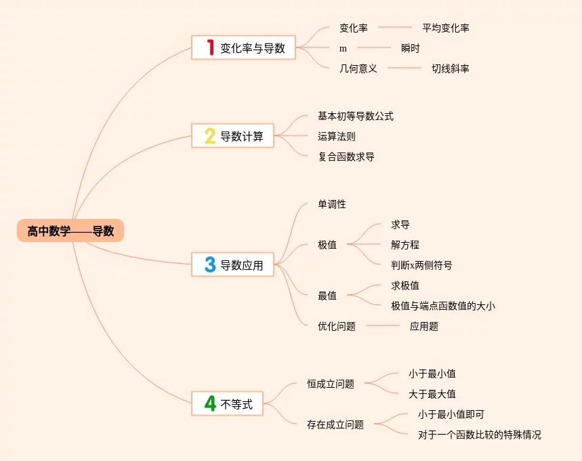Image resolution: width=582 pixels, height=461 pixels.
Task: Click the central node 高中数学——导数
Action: pos(70,231)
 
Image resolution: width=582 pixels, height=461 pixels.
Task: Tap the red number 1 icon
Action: pos(210,47)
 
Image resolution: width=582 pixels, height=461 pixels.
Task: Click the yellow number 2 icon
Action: pos(210,136)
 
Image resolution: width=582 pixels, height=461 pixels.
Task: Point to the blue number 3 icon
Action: pos(210,264)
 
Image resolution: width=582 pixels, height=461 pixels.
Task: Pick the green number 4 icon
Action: pos(210,404)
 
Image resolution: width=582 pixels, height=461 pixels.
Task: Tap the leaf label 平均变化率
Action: pos(445,28)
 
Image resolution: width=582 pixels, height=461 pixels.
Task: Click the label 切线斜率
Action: pos(451,68)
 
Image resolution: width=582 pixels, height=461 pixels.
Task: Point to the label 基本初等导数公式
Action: pos(355,116)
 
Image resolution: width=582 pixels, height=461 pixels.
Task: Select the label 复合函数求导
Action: pos(346,157)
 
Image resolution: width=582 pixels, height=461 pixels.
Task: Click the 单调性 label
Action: pos(331,204)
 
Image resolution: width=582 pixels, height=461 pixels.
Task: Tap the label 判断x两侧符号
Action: pos(421,265)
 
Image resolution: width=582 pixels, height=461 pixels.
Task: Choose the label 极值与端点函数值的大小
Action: pos(442,306)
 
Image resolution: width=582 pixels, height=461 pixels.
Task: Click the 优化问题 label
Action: pos(336,326)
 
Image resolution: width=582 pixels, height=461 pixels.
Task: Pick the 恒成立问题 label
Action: pos(330,384)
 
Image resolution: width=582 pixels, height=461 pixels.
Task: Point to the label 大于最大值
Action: pos(432,394)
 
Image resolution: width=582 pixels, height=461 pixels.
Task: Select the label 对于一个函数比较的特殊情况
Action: pos(479,435)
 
